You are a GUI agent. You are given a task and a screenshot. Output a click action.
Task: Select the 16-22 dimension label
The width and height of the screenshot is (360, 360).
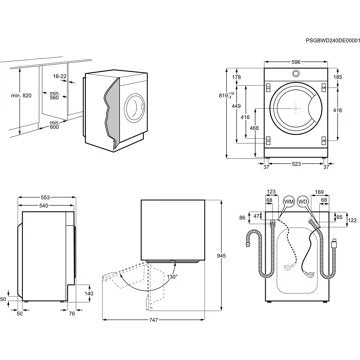point(59,76)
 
